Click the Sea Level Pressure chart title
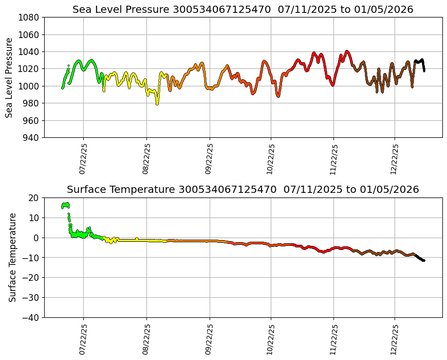click(x=243, y=10)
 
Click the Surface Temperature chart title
click(x=243, y=190)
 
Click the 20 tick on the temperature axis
click(x=34, y=198)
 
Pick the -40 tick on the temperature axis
click(x=32, y=318)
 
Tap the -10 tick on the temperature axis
click(x=32, y=258)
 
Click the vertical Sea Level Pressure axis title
click(x=10, y=78)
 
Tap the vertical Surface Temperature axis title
click(x=13, y=257)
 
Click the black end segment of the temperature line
click(x=419, y=258)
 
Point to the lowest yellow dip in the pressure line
click(x=157, y=103)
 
